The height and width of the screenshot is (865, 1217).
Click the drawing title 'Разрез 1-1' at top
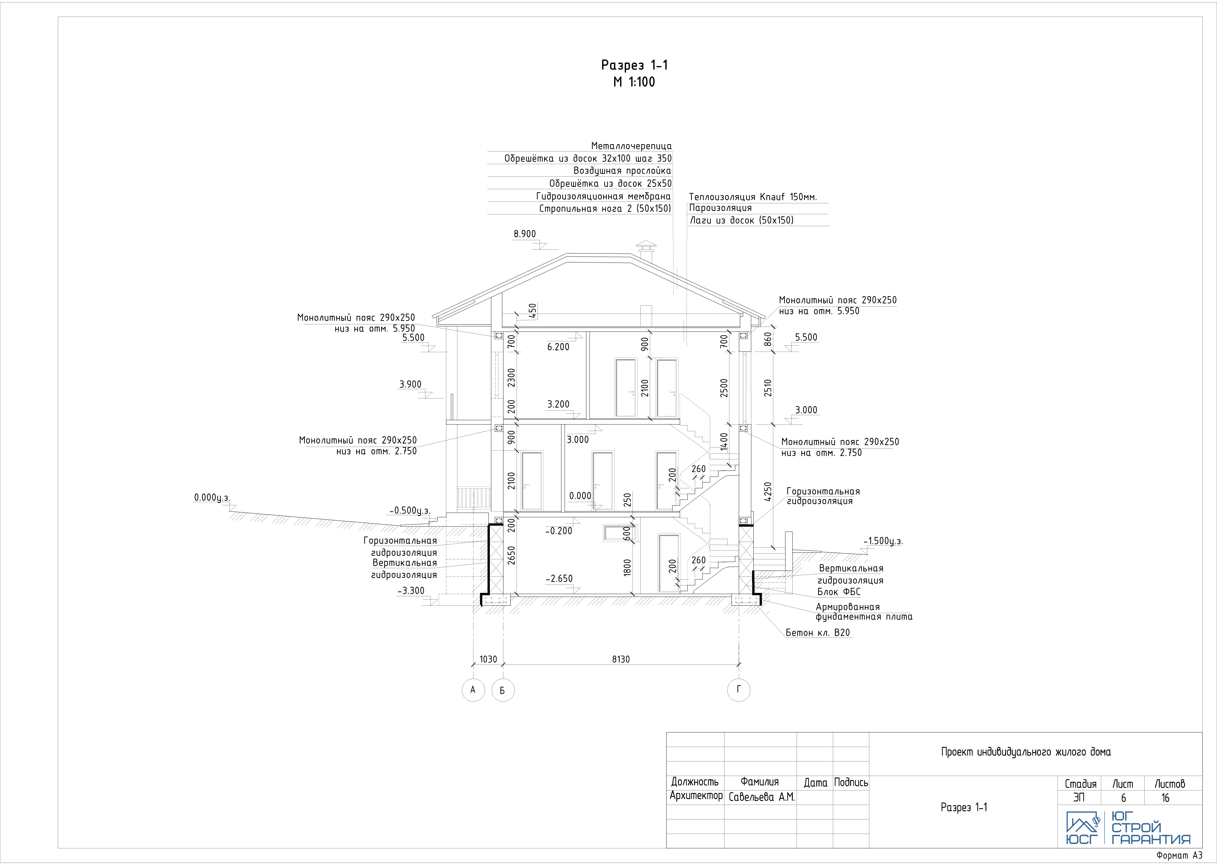coord(634,65)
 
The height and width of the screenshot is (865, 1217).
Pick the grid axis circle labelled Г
coord(739,690)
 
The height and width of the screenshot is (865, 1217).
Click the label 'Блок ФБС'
coord(839,592)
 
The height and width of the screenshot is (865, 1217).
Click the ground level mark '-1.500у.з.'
coord(883,541)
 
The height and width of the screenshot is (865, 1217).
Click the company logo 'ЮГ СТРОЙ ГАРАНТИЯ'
coord(1128,828)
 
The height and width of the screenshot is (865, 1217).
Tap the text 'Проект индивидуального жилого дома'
coord(1026,752)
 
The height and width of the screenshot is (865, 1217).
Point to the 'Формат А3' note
coord(1180,855)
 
